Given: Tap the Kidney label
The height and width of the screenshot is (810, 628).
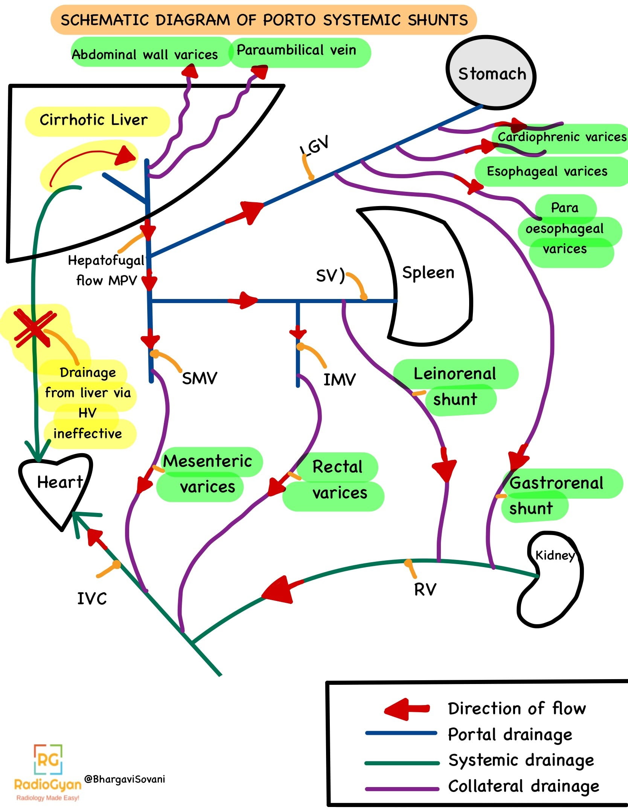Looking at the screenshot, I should (x=555, y=555).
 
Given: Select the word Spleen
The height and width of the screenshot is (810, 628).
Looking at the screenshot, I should (x=428, y=273).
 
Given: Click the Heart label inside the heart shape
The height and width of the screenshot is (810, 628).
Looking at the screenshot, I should (x=59, y=482).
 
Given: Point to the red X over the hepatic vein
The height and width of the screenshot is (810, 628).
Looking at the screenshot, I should (x=34, y=328).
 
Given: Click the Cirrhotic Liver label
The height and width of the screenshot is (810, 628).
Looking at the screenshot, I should (x=94, y=120).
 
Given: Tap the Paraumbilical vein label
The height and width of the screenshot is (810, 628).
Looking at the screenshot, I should (x=296, y=50).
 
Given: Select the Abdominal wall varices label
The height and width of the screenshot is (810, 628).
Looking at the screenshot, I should (x=145, y=55).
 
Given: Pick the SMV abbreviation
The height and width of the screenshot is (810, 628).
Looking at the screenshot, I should (x=199, y=378).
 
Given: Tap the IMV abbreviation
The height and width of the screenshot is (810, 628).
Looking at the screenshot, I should (x=339, y=380).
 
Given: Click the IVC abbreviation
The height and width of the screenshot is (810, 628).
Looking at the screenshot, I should (x=92, y=599).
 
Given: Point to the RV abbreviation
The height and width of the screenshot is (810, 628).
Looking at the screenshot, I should (x=425, y=589).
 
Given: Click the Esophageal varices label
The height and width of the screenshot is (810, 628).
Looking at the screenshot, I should (x=547, y=171).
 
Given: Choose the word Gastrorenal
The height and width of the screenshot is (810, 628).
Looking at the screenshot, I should (x=556, y=483).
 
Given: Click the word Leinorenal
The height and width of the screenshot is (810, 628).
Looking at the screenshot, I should (x=454, y=374).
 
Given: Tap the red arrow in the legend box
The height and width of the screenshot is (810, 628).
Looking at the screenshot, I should (x=407, y=709).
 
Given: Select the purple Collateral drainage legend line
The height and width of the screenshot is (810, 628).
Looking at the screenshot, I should (x=402, y=786).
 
